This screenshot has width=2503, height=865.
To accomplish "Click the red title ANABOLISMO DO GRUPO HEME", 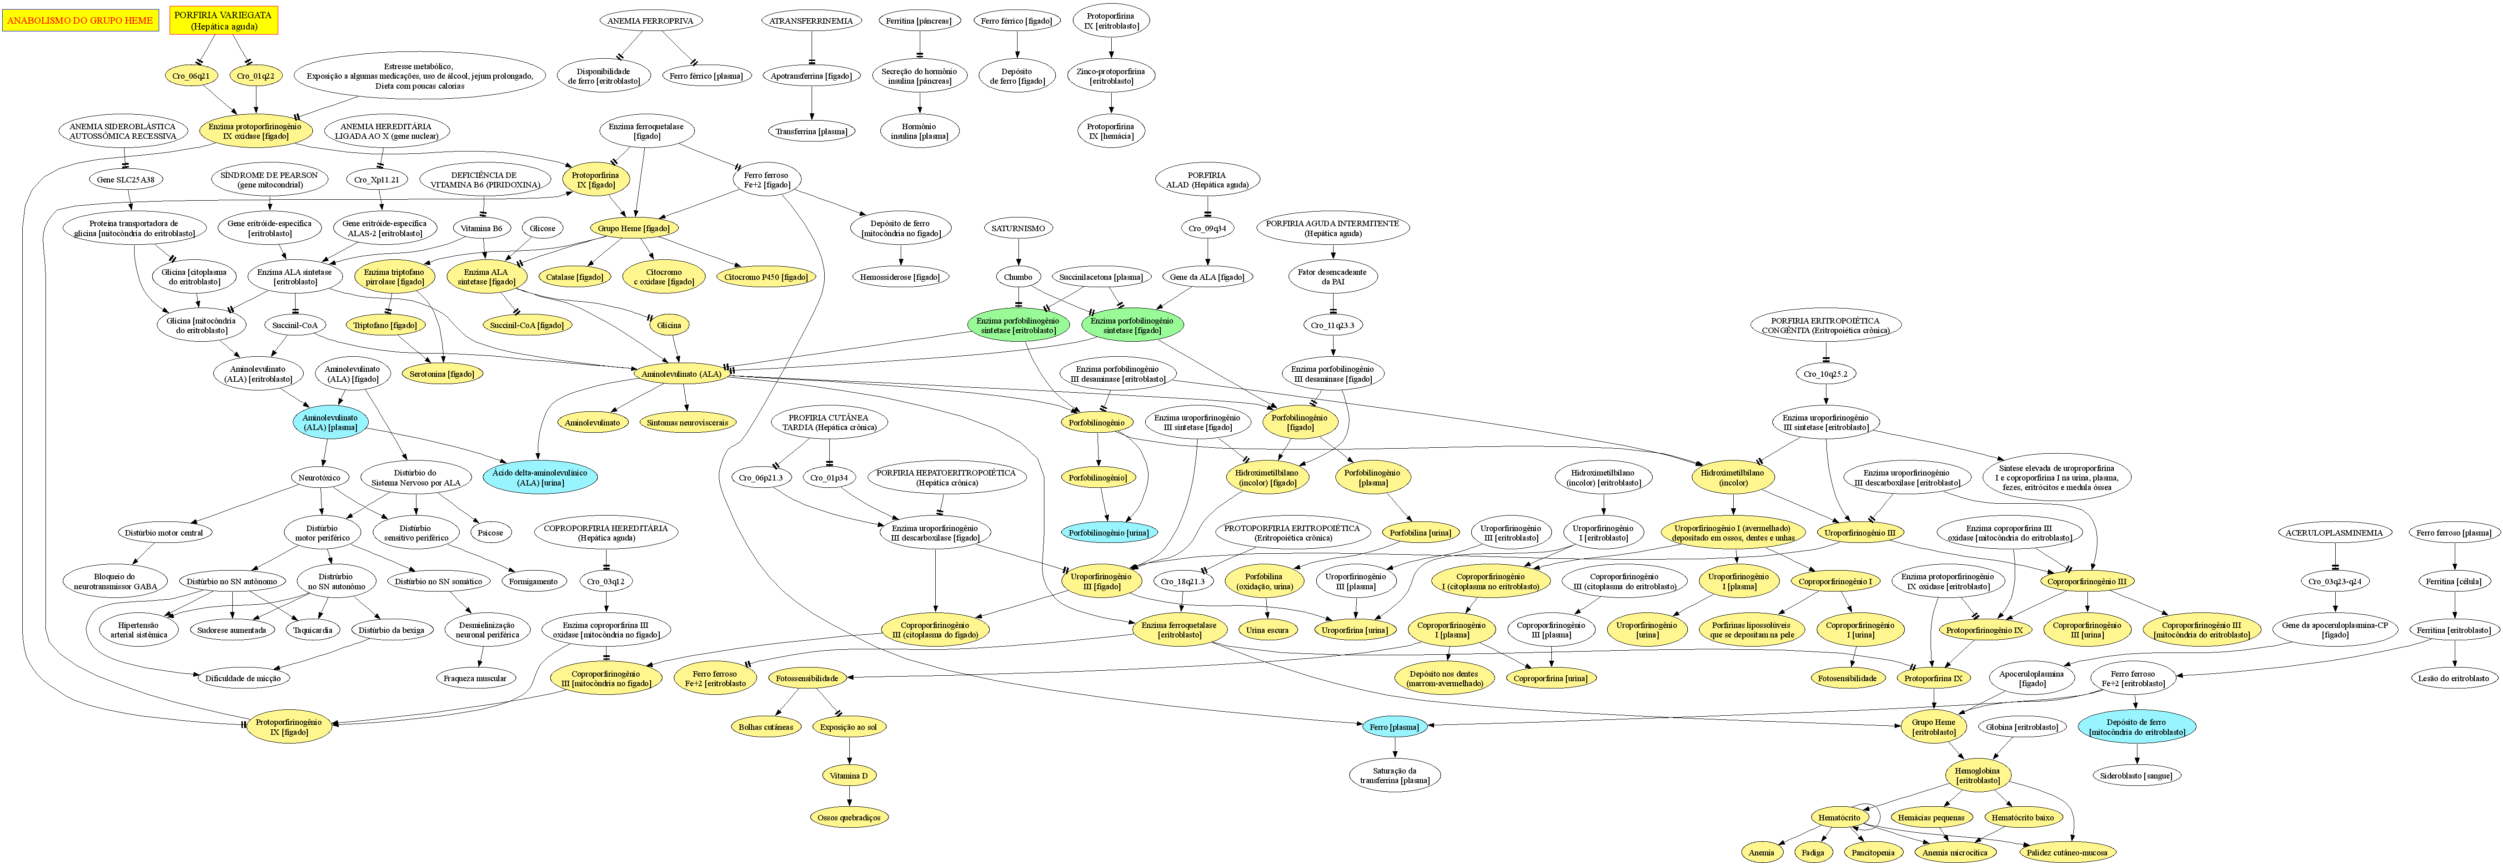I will pyautogui.click(x=80, y=20).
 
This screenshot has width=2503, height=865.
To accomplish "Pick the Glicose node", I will pyautogui.click(x=542, y=228).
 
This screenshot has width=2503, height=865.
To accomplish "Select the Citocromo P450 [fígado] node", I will pyautogui.click(x=767, y=277).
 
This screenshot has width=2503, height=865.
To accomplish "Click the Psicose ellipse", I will pyautogui.click(x=491, y=533).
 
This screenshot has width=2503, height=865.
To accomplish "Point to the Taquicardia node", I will pyautogui.click(x=313, y=630).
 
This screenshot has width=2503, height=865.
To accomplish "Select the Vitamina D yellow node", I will pyautogui.click(x=848, y=775).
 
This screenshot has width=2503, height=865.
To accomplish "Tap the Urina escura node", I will pyautogui.click(x=1267, y=630).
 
